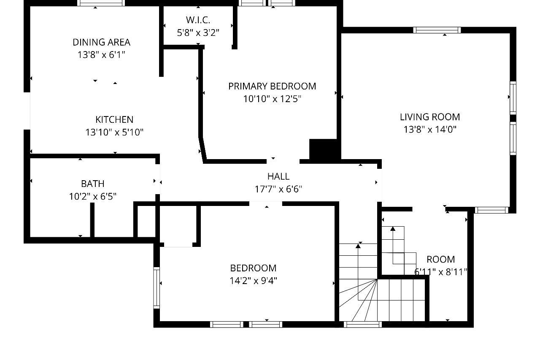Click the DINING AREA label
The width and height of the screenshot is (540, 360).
[x=102, y=43]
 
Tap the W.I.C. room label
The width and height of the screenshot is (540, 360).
[x=198, y=20]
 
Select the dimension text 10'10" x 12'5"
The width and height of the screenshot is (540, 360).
[x=272, y=99]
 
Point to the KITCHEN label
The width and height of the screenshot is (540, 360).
[x=114, y=119]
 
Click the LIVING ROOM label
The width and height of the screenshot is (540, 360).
[x=430, y=117]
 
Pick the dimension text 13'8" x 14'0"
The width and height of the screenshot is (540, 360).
[x=430, y=130]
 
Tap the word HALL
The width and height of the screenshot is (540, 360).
[x=278, y=176]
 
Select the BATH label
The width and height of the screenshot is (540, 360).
[x=93, y=184]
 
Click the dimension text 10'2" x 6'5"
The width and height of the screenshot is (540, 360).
[x=93, y=197]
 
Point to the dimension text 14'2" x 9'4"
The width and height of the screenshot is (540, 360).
[x=253, y=281]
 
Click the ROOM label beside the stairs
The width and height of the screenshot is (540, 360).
[x=441, y=260]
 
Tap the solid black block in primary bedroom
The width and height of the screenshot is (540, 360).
[x=323, y=149]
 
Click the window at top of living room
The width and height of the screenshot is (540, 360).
[x=437, y=30]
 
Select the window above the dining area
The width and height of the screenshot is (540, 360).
[x=101, y=3]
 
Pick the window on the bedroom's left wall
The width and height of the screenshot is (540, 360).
[x=157, y=288]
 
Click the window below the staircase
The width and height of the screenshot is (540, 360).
[x=363, y=324]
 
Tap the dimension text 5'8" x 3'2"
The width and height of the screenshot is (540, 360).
[x=198, y=32]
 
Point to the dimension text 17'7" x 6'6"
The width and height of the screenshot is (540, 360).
[x=278, y=189]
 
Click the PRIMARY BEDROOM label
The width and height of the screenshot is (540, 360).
[x=272, y=87]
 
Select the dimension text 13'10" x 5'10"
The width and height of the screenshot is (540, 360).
[x=114, y=132]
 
